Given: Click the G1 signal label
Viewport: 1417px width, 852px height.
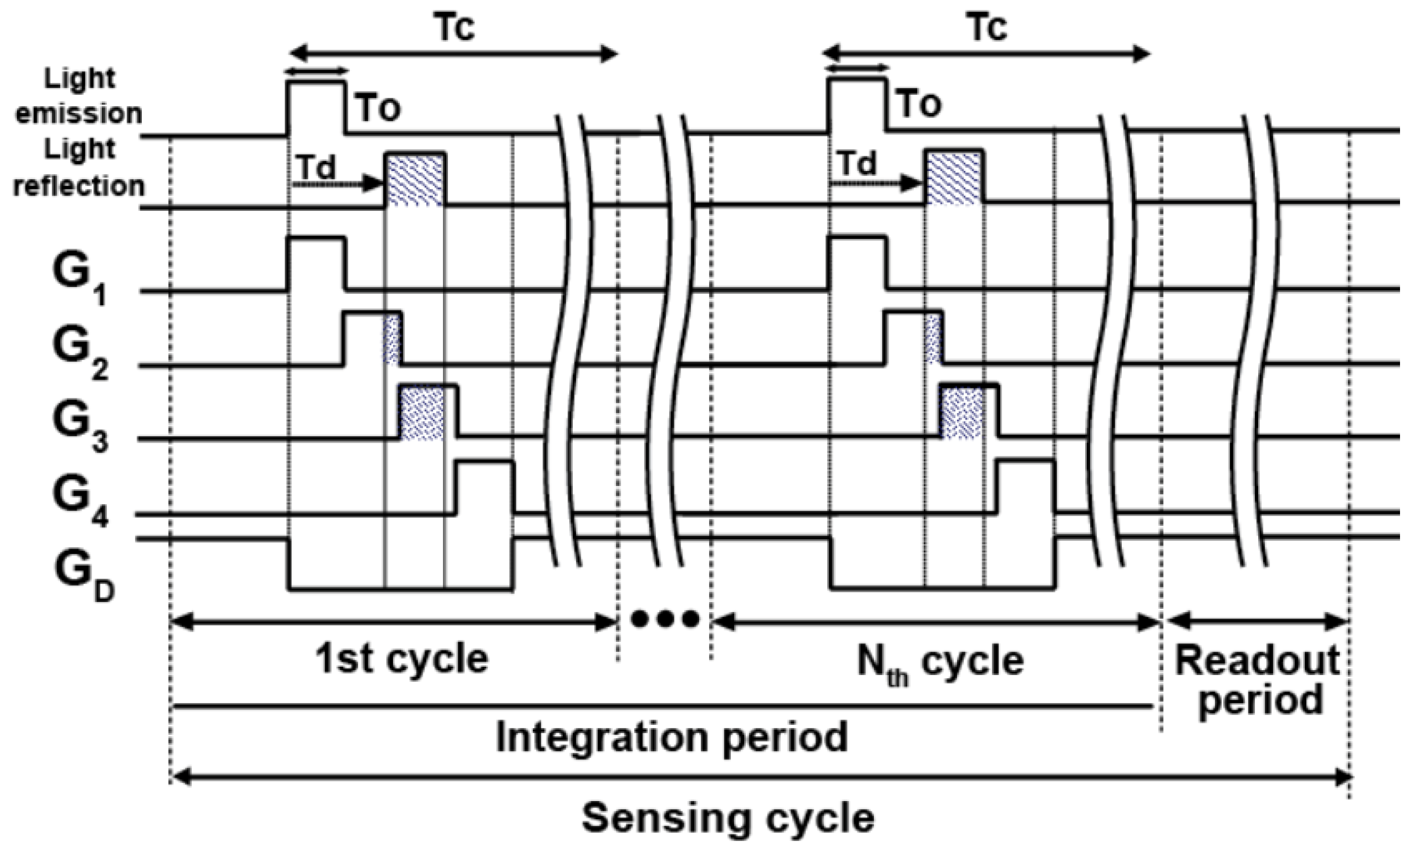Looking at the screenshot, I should [x=79, y=278].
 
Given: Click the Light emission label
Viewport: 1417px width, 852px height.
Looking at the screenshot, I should [x=79, y=96].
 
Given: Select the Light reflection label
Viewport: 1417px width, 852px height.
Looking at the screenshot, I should [x=79, y=168].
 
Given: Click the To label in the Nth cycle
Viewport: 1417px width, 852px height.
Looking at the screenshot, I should [x=920, y=105].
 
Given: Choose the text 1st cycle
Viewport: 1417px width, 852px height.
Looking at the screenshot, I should [x=401, y=660].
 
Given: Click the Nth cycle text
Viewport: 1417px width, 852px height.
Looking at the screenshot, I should [x=940, y=662].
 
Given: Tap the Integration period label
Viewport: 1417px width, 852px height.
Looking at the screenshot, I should [x=671, y=737].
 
